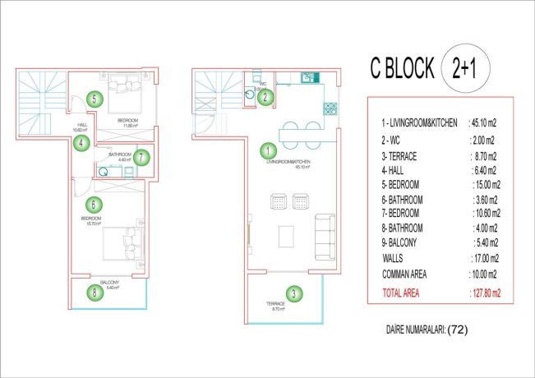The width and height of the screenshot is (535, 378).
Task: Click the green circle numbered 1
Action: click(267, 151)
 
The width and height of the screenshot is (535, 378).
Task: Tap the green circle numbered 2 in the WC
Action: click(265, 97)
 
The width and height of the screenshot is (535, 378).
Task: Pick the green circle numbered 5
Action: click(95, 100)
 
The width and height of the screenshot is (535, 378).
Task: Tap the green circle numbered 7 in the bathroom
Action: click(141, 157)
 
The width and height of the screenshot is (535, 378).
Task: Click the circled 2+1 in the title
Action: click(464, 69)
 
